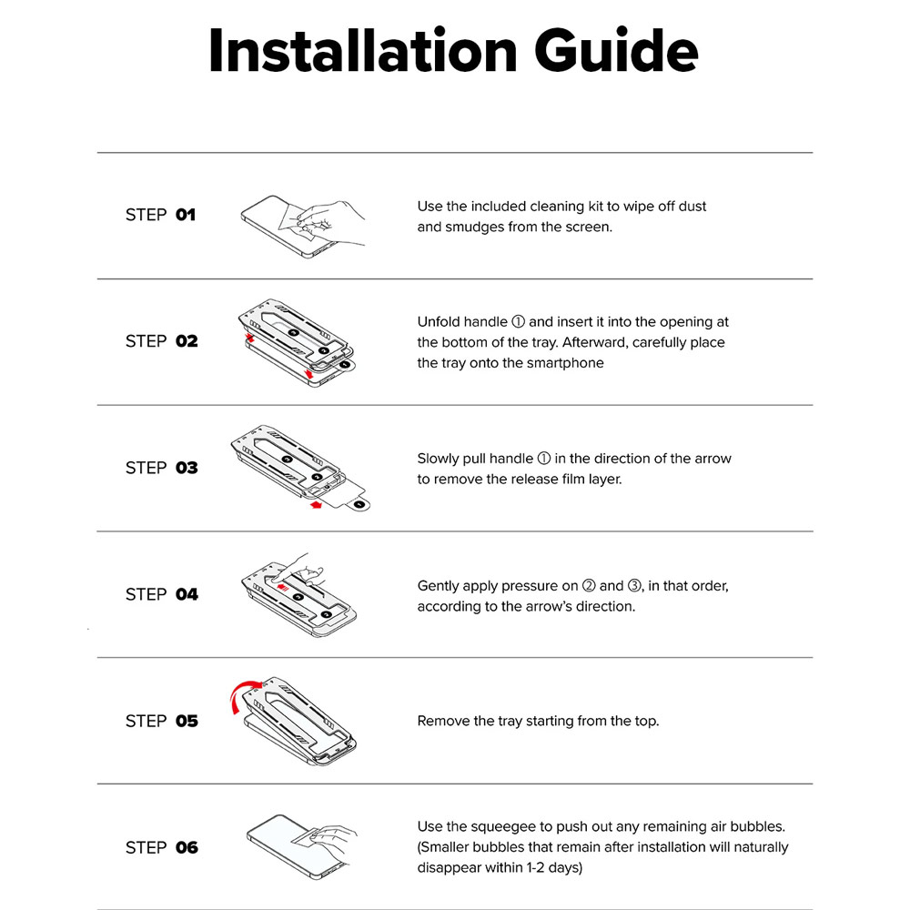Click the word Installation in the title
point(363,50)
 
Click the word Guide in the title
point(616,50)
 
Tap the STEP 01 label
point(160,215)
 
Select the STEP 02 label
point(161,341)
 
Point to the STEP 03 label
point(161,468)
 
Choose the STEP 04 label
point(161,594)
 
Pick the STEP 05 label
point(161,721)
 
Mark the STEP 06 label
point(161,847)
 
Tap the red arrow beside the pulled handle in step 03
point(316,505)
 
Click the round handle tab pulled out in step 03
point(359,505)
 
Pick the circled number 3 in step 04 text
point(634,585)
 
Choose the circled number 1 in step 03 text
point(544,459)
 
